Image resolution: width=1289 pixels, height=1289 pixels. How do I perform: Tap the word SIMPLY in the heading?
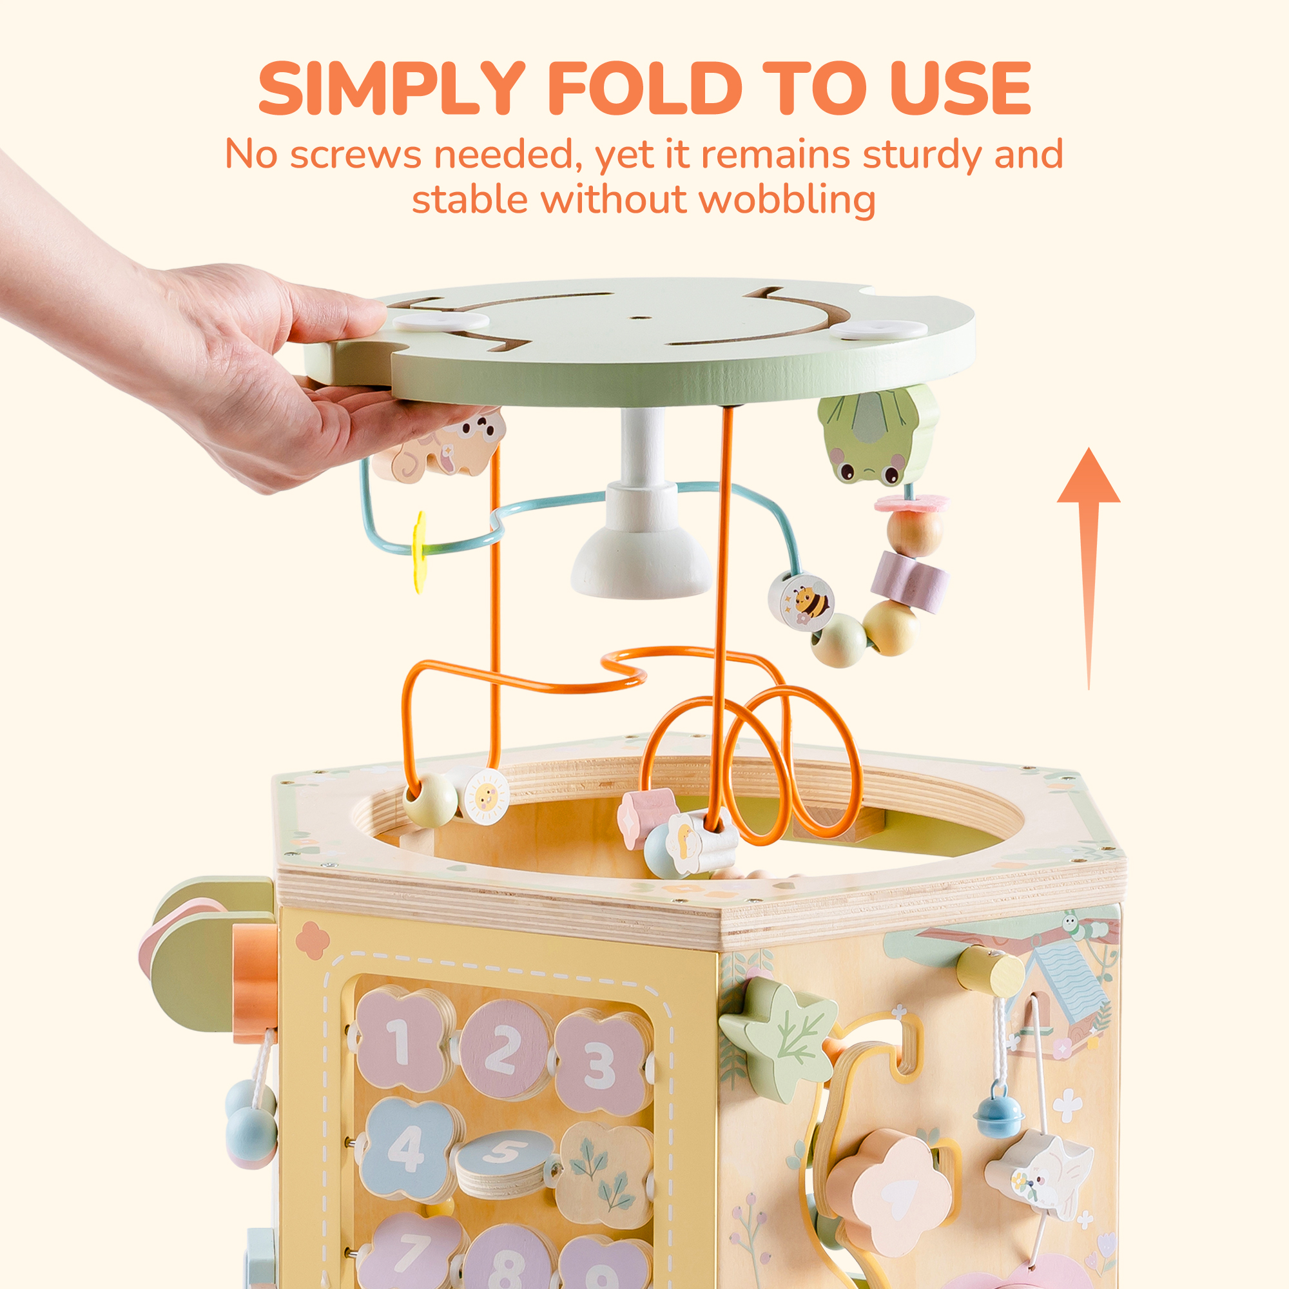(x=392, y=88)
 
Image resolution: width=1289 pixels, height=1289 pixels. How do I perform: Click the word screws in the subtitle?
(x=355, y=154)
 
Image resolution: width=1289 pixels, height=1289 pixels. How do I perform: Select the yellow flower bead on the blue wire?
(x=420, y=551)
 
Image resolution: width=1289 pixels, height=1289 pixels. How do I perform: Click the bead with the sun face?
(x=485, y=795)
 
